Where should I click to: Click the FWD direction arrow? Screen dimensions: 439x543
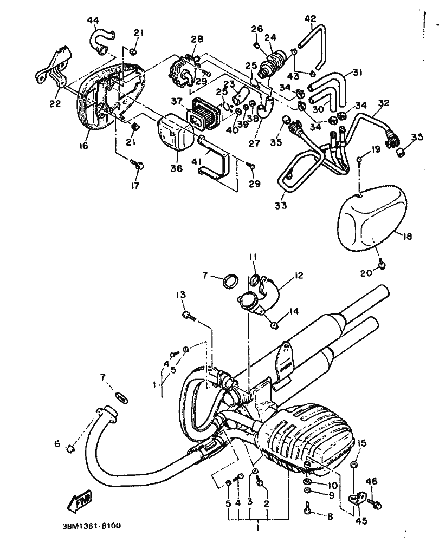[80, 501]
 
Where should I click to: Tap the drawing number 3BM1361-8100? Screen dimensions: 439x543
[92, 526]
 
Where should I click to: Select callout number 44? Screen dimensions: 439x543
[93, 21]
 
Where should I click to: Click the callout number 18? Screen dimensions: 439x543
[408, 237]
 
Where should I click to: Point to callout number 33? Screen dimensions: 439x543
[281, 205]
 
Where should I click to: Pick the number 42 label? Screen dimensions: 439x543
[311, 18]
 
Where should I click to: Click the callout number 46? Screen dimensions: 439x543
[372, 481]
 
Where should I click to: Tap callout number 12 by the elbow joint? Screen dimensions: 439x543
[298, 275]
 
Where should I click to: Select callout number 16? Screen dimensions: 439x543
[84, 146]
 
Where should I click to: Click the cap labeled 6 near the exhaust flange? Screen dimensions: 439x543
[71, 449]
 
